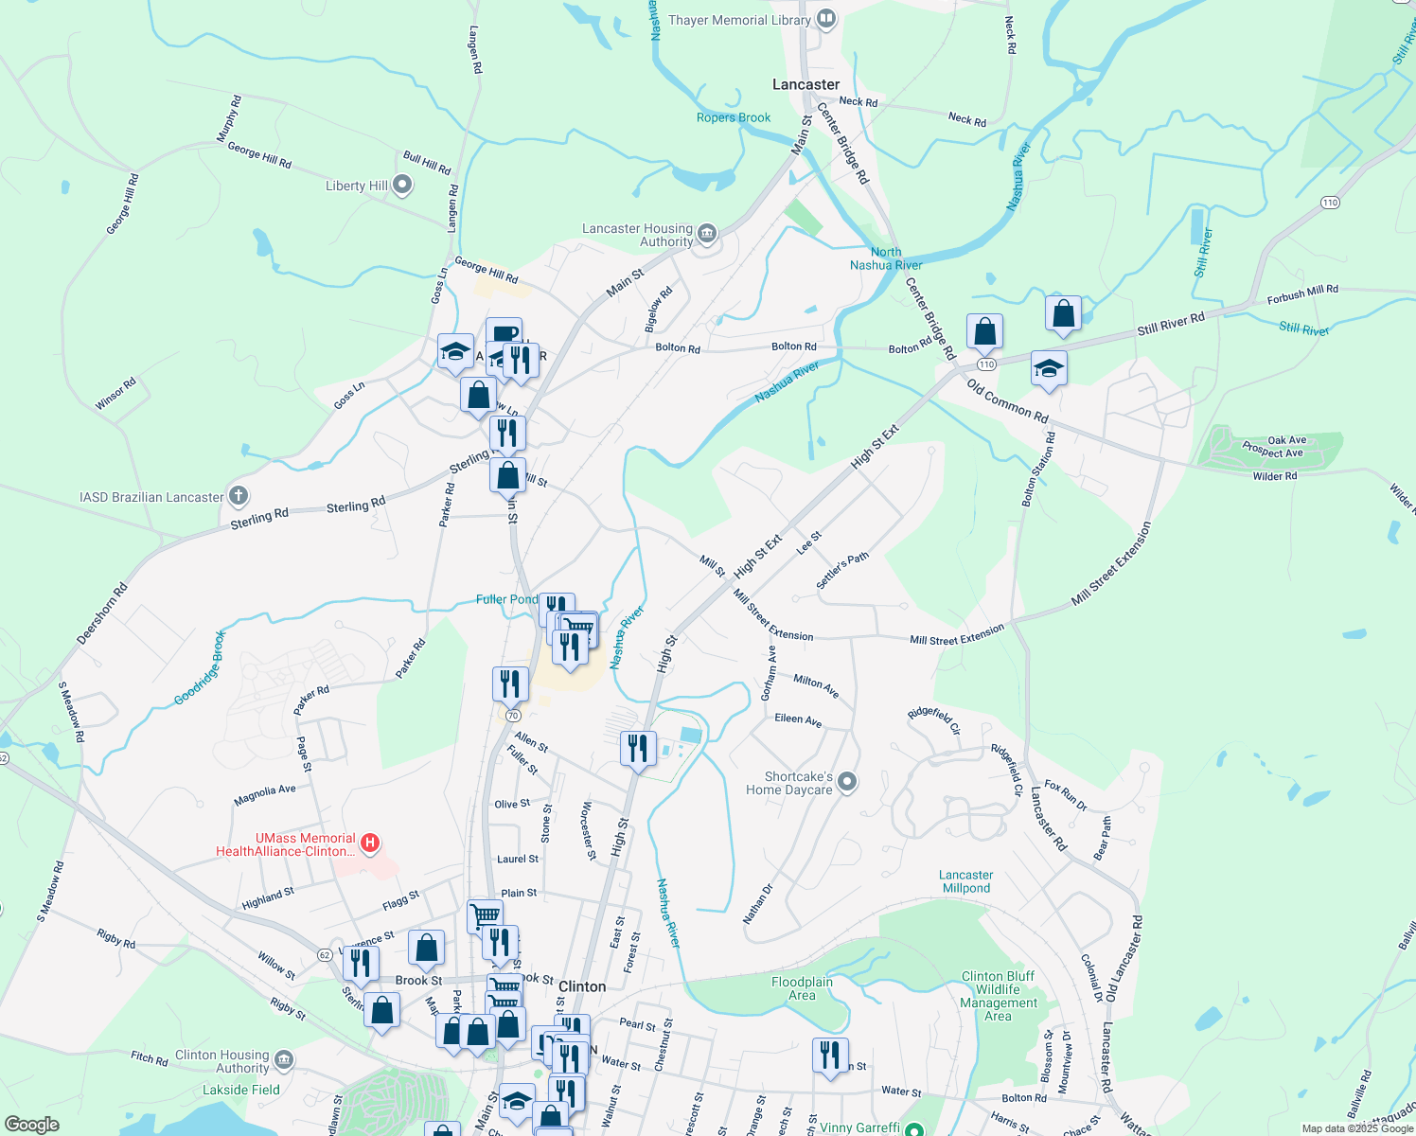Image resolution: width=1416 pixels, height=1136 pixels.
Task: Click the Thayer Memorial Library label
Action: tap(739, 20)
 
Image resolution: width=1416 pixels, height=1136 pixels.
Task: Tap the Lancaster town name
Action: tap(805, 84)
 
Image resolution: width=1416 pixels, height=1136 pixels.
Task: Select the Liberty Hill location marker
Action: tap(402, 185)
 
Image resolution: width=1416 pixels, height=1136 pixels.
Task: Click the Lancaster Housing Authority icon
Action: tap(706, 233)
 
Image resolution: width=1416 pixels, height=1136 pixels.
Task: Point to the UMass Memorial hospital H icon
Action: tap(371, 843)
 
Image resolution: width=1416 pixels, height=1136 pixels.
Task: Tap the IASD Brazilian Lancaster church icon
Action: tap(239, 495)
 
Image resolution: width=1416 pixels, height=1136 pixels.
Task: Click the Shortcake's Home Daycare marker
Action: tap(847, 782)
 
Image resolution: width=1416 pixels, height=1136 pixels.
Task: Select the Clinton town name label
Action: tap(582, 986)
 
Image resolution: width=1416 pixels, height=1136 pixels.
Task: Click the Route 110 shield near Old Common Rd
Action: tap(986, 364)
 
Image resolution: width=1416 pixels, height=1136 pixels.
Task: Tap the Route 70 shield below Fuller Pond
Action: tap(512, 715)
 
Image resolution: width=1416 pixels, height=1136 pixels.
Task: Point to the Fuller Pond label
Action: tap(506, 599)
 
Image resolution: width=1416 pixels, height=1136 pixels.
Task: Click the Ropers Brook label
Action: tap(734, 117)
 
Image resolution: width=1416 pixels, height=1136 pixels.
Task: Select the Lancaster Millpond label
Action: tap(966, 881)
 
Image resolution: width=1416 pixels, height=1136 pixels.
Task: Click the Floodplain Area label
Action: tap(802, 988)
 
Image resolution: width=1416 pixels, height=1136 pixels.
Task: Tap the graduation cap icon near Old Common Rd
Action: tap(1048, 367)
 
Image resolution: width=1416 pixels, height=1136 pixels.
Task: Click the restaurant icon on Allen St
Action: tap(638, 748)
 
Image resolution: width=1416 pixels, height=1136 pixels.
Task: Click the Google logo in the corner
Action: tap(31, 1125)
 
